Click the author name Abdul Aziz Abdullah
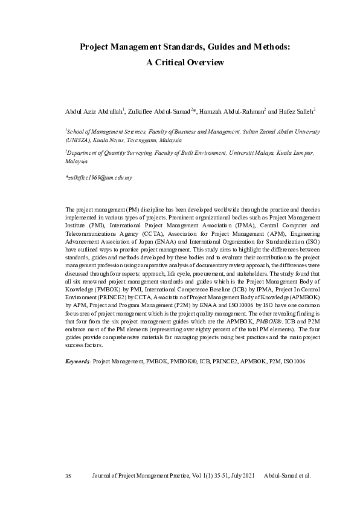click(x=93, y=112)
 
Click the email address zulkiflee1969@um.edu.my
click(x=99, y=178)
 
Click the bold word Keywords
click(x=77, y=361)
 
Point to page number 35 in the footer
click(x=68, y=476)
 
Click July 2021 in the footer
click(x=239, y=476)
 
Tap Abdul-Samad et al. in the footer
click(x=288, y=476)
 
